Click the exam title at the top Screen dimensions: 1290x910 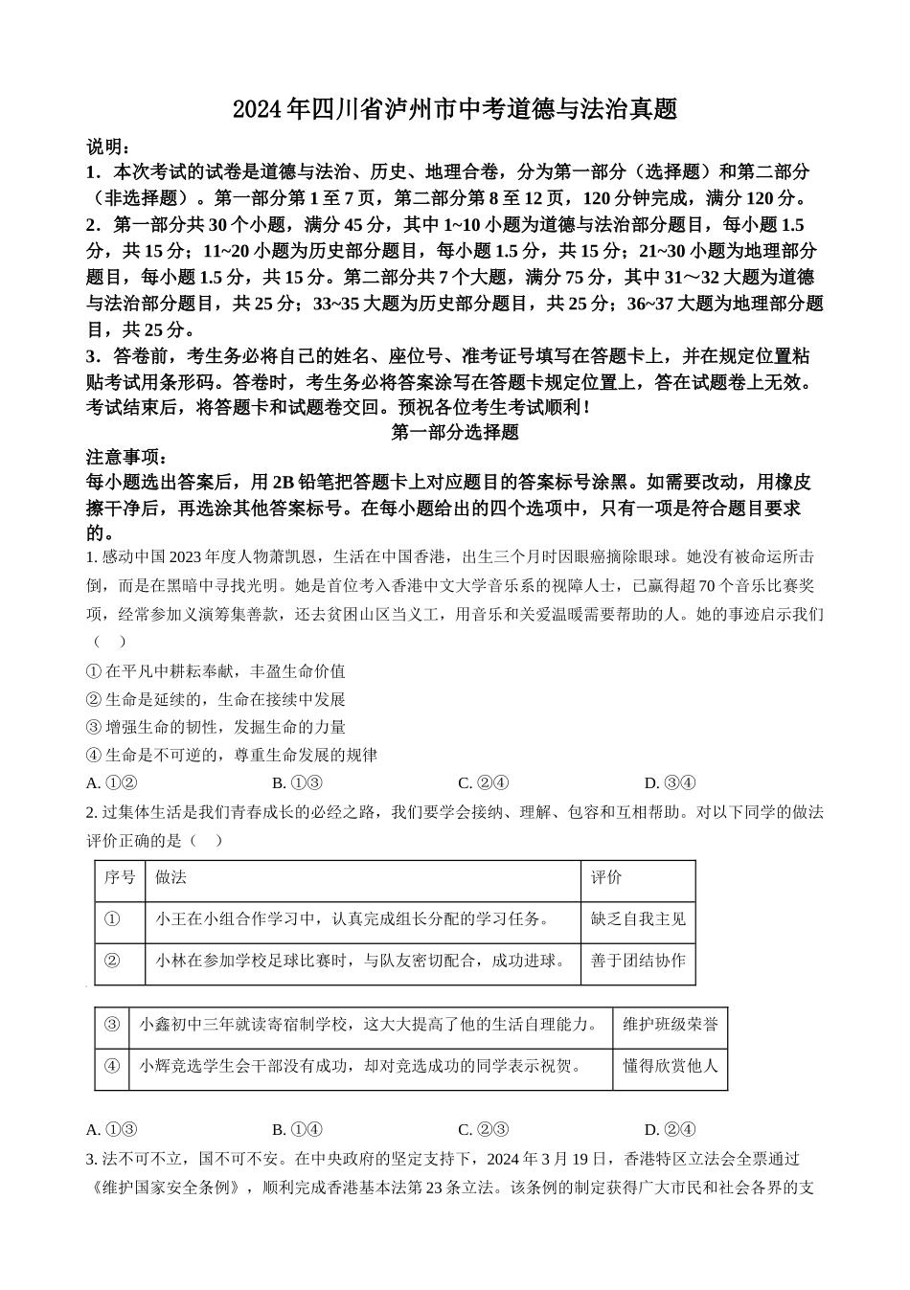(x=455, y=110)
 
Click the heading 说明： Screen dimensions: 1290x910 (x=107, y=147)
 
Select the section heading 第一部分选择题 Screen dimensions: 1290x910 (x=455, y=432)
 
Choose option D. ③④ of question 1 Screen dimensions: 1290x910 (x=670, y=782)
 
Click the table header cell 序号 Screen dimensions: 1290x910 (x=120, y=877)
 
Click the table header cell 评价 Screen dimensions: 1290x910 (x=606, y=877)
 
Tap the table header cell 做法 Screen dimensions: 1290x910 (x=171, y=877)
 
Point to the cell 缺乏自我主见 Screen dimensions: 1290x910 (x=638, y=919)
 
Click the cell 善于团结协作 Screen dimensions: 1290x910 (x=638, y=961)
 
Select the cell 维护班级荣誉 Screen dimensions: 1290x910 (x=670, y=1024)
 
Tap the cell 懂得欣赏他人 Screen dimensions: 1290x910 (x=670, y=1065)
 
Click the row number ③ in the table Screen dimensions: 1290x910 (x=111, y=1024)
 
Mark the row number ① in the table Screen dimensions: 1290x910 (x=111, y=919)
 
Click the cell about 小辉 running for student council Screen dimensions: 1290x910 (x=361, y=1065)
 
